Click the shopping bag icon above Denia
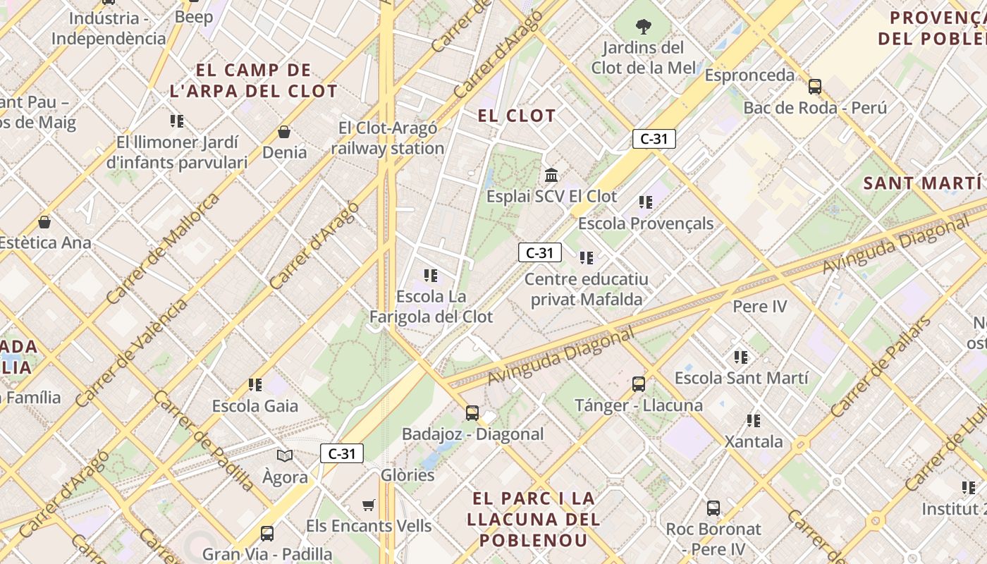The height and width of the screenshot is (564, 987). pos(284,132)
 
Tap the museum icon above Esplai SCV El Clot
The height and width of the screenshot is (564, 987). pos(551,175)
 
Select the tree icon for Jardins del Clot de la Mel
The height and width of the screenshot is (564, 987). pos(643,27)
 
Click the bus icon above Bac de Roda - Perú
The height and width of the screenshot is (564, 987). pos(815,87)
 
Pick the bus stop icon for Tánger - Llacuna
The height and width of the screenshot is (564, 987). pos(639,384)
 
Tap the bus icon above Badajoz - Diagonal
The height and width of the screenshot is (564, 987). pos(472,413)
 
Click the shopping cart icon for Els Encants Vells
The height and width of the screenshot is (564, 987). pos(368,505)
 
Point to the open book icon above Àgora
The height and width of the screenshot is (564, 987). pos(285,456)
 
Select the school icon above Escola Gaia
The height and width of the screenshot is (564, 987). pos(255,385)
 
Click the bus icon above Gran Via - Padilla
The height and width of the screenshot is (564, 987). pos(267,534)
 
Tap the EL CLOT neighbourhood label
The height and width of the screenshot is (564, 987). pos(517,116)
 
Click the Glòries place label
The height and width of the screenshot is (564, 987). pos(407,475)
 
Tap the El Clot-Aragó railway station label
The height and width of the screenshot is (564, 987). pos(388,138)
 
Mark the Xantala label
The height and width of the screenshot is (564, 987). pos(754,442)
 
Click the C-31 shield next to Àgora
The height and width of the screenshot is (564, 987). pos(342,453)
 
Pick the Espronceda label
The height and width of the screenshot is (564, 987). pos(749,75)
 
